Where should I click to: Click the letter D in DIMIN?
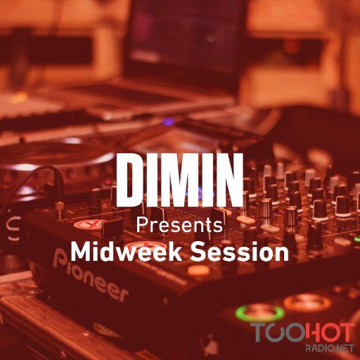click(x=130, y=179)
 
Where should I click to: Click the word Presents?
click(x=179, y=226)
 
